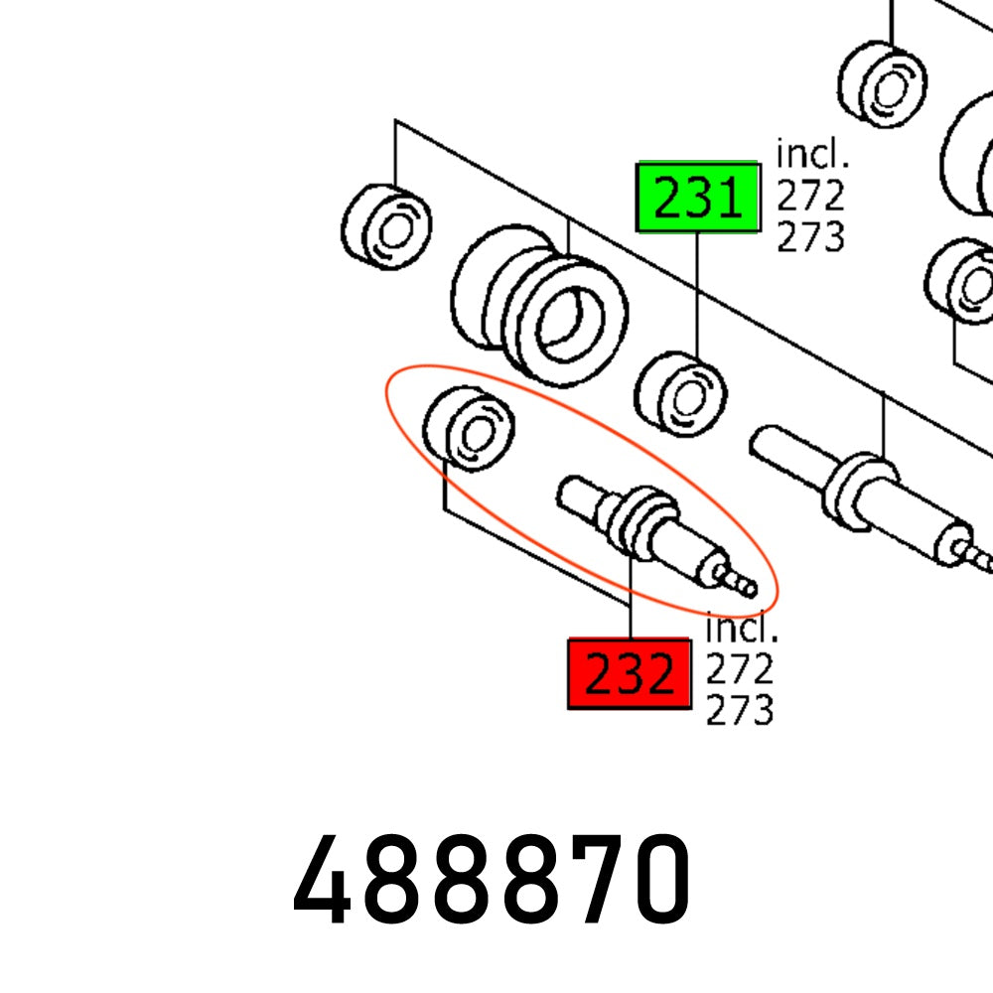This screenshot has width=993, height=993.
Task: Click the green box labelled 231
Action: coord(697,197)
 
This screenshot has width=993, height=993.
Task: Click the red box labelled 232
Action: coord(629,674)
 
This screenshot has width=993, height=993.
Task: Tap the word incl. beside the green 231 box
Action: coord(812,154)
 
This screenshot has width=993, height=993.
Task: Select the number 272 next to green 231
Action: coord(810,196)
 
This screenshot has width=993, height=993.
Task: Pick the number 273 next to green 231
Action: coord(810,237)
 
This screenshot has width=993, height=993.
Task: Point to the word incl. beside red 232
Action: coord(742,630)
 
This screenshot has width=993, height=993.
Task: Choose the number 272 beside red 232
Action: coord(739,671)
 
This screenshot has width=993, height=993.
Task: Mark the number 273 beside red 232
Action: coord(739,711)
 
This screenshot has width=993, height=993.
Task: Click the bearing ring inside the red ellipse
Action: coord(468,429)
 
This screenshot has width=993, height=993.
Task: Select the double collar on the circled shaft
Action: coord(639,519)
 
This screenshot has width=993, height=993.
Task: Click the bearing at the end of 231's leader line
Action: coord(680,394)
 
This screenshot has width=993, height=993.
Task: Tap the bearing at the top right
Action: coord(882,83)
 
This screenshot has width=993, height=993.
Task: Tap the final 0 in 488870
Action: coord(651,881)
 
